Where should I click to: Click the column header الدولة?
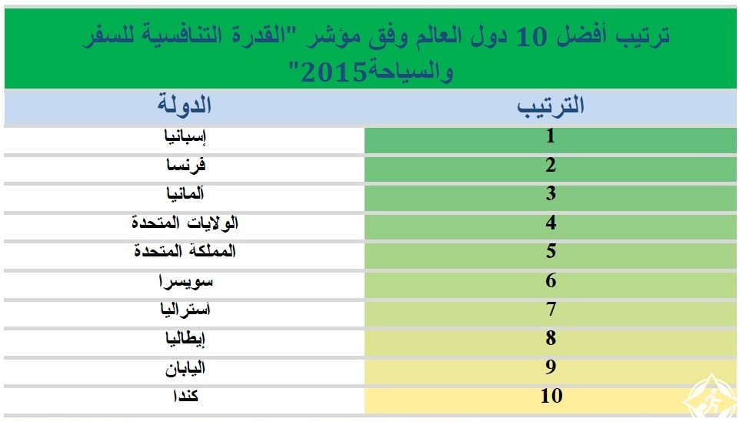(185, 104)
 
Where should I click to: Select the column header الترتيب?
(551, 105)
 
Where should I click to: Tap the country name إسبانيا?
(185, 137)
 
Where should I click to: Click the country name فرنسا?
(185, 166)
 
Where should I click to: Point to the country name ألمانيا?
(185, 193)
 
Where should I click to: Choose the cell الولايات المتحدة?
(185, 223)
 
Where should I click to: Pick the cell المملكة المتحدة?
(185, 250)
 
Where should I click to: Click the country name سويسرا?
(185, 281)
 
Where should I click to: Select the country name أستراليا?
(185, 310)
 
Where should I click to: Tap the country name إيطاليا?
(185, 339)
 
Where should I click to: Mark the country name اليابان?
(185, 367)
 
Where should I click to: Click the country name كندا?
(185, 396)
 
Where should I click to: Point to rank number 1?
(551, 136)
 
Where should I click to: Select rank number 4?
(551, 223)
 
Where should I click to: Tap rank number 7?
(551, 309)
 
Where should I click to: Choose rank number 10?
(551, 396)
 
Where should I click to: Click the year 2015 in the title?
(334, 73)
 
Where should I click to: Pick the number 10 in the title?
(532, 37)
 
